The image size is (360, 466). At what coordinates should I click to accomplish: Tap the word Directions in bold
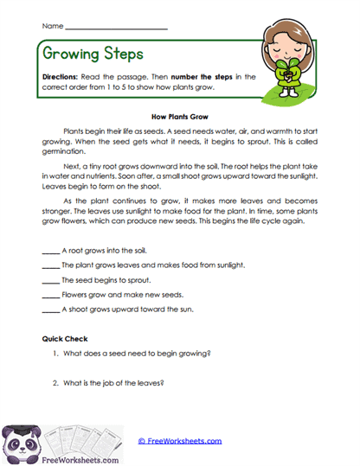click(x=60, y=76)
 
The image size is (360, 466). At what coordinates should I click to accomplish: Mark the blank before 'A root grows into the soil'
click(x=50, y=251)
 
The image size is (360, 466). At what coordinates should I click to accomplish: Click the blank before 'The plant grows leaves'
click(x=50, y=265)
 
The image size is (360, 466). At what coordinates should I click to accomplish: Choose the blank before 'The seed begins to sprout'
click(x=50, y=280)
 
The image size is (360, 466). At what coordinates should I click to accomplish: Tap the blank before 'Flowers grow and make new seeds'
click(x=50, y=295)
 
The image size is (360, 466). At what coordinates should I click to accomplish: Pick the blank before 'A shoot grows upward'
click(x=50, y=310)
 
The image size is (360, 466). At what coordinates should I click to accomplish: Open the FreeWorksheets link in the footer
click(x=179, y=440)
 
